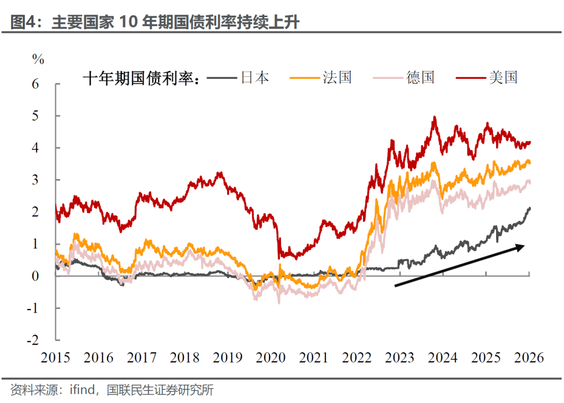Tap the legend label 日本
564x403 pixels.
254,78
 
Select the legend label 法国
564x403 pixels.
337,78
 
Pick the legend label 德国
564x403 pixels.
420,78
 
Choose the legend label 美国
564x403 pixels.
503,78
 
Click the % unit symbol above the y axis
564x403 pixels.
38,59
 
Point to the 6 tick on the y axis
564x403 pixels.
36,84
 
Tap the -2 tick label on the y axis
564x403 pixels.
33,340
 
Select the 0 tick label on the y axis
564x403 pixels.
36,276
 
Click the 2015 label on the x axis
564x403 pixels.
55,358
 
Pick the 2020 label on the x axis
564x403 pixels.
271,358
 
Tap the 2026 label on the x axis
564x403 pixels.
529,358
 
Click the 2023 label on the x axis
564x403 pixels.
400,358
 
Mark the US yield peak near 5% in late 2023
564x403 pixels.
434,117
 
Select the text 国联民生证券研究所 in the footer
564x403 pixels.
160,390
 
